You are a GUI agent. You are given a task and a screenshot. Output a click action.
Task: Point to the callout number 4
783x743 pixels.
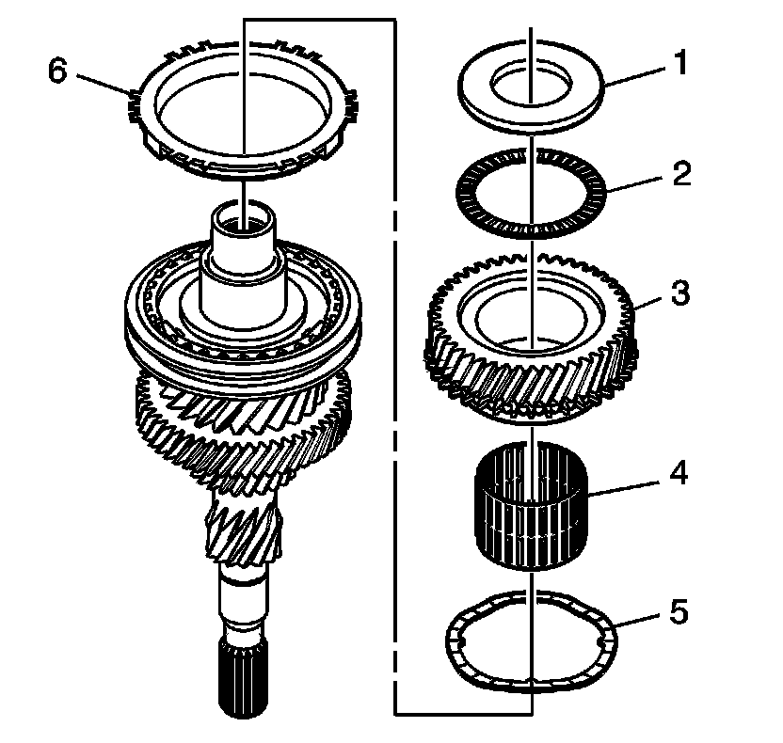[x=678, y=472]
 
